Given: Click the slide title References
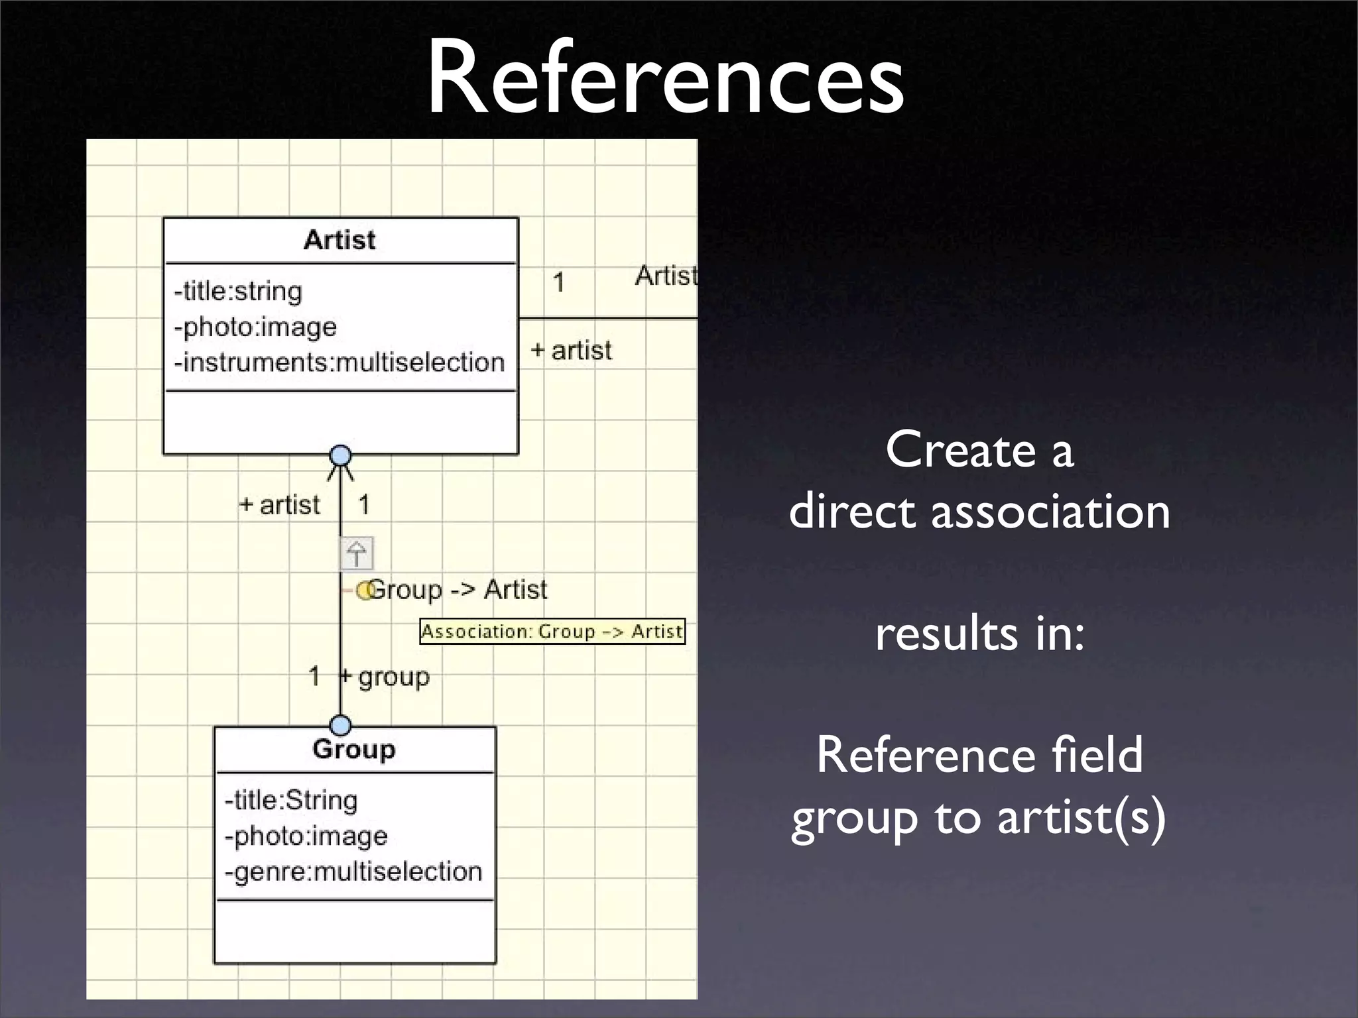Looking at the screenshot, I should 665,78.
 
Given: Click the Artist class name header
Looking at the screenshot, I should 339,240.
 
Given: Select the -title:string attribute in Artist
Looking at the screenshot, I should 238,292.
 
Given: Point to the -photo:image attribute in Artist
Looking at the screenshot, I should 255,327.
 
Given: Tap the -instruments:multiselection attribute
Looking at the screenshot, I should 339,363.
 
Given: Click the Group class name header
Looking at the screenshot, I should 354,749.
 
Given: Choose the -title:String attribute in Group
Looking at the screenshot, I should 291,801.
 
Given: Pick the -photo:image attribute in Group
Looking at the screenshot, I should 306,836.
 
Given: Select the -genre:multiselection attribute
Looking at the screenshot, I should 353,872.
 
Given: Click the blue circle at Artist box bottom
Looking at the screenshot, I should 340,456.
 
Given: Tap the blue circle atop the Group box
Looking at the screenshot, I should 340,725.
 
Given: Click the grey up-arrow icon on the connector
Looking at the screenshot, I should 357,553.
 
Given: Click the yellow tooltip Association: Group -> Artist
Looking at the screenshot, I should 552,632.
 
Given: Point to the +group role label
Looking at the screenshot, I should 386,677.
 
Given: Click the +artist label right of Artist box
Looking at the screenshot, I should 572,351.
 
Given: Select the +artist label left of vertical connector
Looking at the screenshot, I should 280,505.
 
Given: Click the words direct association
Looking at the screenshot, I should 979,512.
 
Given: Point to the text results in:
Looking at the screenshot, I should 979,634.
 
